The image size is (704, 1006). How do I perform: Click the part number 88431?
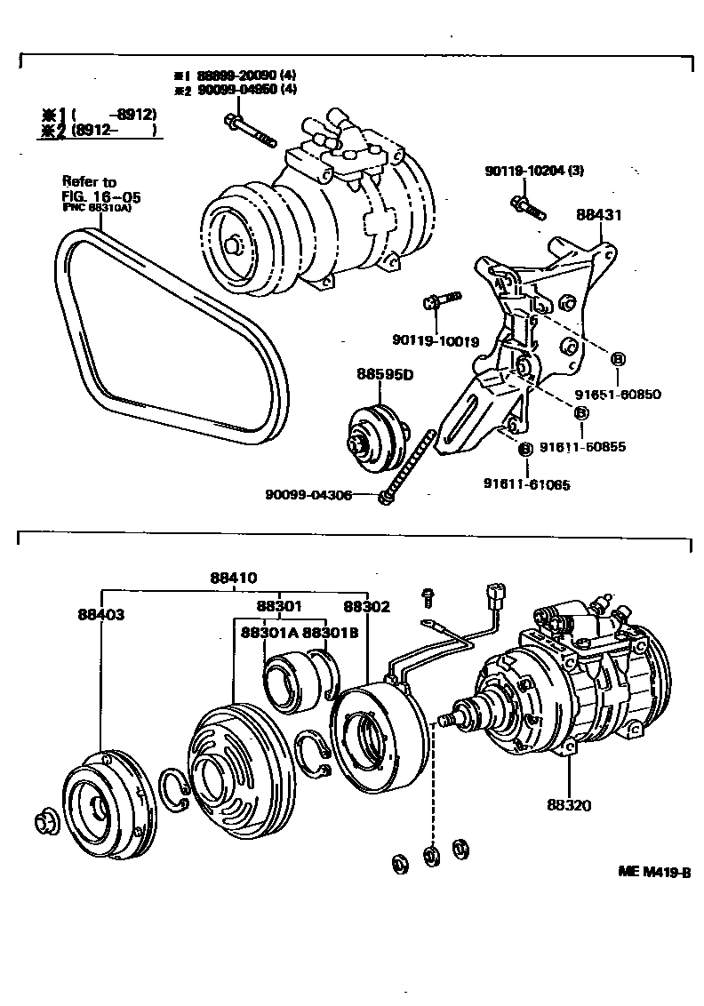(597, 214)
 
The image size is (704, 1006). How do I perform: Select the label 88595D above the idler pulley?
(386, 374)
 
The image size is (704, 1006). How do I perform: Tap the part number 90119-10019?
(435, 340)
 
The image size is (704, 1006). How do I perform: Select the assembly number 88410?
(234, 577)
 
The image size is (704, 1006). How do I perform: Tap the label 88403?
(100, 614)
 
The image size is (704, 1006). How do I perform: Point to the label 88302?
(367, 606)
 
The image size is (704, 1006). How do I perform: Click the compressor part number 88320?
(569, 806)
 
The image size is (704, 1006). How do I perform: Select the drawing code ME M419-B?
(654, 872)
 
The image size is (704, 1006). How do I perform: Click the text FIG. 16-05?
(101, 196)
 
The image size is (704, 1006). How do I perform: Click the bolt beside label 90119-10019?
(443, 299)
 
